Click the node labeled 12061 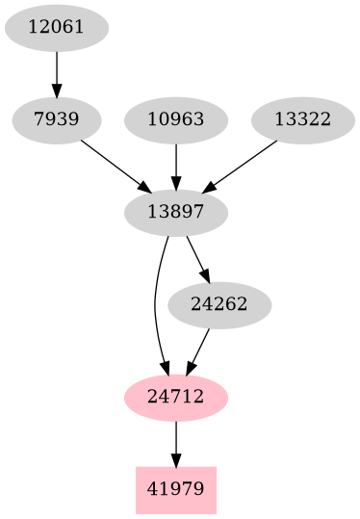pyautogui.click(x=57, y=27)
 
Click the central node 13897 pyautogui.click(x=176, y=212)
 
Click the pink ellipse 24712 pyautogui.click(x=176, y=397)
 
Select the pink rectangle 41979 pyautogui.click(x=176, y=489)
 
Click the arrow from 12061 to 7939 pyautogui.click(x=57, y=72)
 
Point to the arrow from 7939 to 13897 pyautogui.click(x=115, y=165)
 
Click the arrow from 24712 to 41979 pyautogui.click(x=176, y=442)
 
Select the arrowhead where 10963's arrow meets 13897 pyautogui.click(x=176, y=184)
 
